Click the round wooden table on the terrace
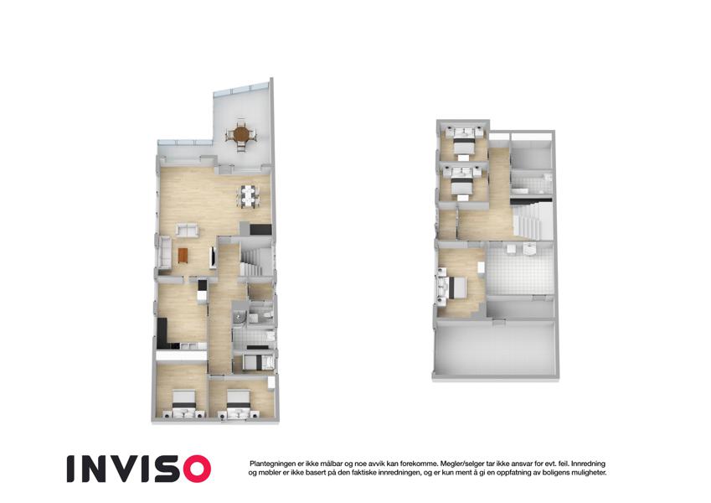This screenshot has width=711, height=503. tap(241, 134)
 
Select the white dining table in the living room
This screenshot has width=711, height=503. tap(248, 195)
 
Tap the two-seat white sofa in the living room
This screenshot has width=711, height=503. tap(188, 231)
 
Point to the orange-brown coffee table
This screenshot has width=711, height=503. tap(183, 256)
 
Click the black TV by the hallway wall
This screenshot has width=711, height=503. tap(212, 256)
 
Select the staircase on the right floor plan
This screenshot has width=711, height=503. tap(531, 221)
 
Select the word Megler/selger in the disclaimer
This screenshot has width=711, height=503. tap(460, 464)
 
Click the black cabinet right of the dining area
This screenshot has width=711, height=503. tap(260, 229)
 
